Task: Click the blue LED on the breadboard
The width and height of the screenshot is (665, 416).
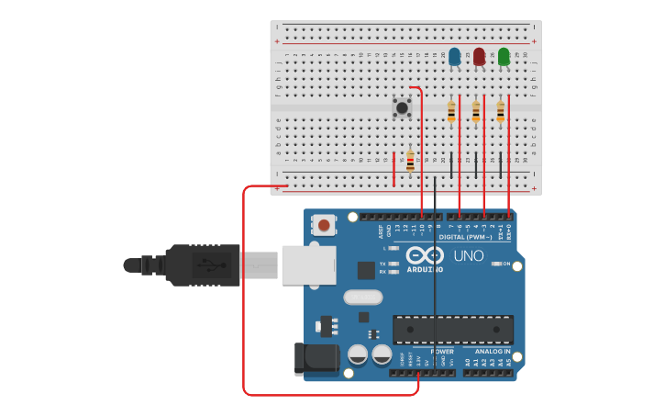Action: click(454, 57)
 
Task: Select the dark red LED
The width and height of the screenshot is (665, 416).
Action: click(479, 57)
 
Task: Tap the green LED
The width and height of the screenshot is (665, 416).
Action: click(504, 57)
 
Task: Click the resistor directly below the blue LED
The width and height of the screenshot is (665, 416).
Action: click(450, 111)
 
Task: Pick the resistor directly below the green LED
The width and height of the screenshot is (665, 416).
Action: click(500, 111)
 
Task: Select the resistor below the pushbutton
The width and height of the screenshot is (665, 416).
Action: click(410, 162)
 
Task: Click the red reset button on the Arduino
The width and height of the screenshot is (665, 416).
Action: click(324, 224)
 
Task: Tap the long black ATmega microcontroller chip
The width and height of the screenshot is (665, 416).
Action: click(452, 329)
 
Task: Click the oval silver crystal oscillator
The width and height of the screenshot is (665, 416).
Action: click(362, 298)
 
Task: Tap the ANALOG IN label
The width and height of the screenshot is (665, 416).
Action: click(493, 352)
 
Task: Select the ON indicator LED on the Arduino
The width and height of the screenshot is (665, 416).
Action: click(496, 264)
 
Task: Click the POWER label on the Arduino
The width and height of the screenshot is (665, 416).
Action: click(442, 352)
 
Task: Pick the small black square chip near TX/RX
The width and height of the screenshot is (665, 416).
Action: click(366, 270)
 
